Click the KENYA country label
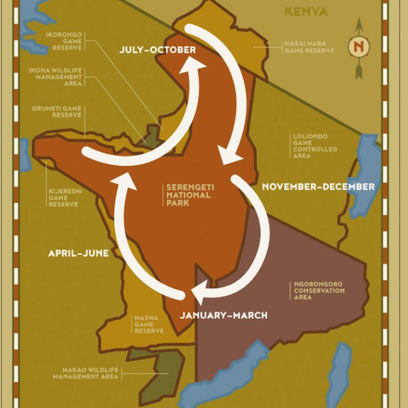click(306, 12)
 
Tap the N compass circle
click(359, 47)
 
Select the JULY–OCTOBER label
click(158, 50)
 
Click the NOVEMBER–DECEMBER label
click(318, 186)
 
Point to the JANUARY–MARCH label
click(223, 316)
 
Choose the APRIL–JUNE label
click(78, 253)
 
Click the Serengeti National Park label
click(189, 195)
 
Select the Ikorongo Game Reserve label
click(64, 40)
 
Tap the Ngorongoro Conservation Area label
click(319, 291)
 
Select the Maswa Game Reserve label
click(149, 325)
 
